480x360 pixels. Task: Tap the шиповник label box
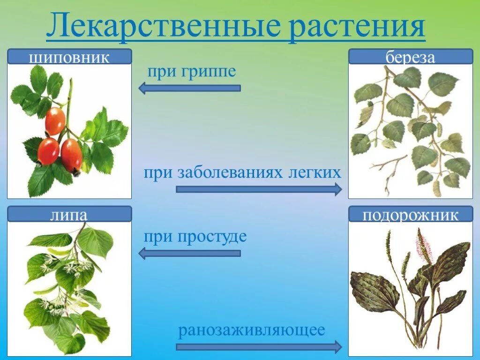(69, 57)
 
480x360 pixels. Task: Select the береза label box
(411, 57)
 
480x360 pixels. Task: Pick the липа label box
(69, 215)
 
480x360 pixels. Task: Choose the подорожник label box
(411, 215)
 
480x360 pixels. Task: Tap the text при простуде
(195, 236)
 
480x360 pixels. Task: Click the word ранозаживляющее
(251, 330)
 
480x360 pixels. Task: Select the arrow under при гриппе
(190, 88)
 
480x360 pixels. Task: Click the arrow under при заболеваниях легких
(259, 189)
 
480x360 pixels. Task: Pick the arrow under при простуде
(190, 254)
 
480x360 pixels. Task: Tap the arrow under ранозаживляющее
(259, 347)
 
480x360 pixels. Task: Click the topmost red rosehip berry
(55, 121)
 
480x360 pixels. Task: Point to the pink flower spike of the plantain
(424, 246)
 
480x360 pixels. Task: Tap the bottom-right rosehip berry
(71, 155)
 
